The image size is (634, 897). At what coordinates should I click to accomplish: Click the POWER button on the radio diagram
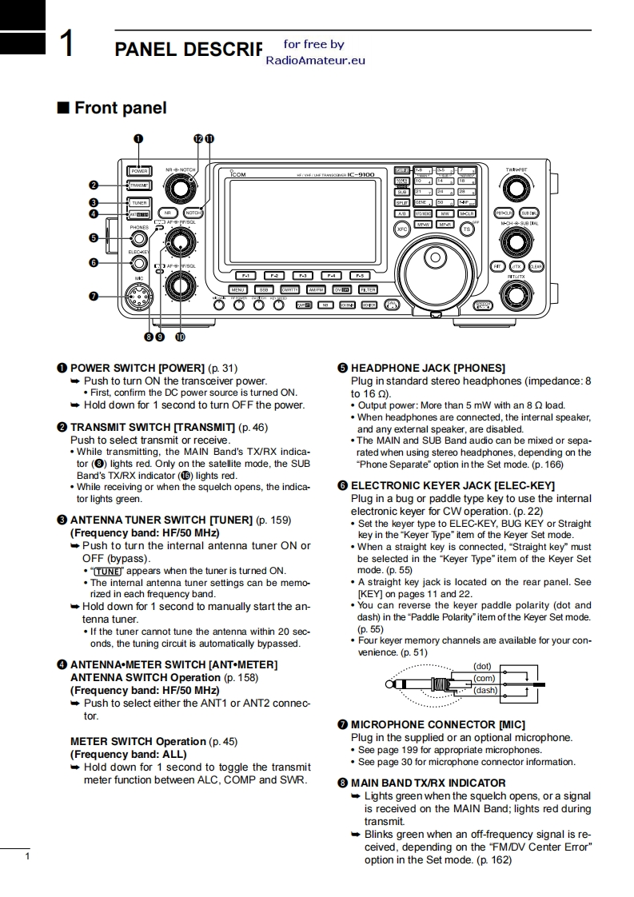[x=138, y=170]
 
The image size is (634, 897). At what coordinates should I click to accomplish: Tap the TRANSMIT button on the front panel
[x=138, y=185]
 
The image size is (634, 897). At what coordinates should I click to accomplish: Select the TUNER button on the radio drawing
[x=139, y=202]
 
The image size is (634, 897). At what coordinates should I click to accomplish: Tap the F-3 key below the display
[x=303, y=275]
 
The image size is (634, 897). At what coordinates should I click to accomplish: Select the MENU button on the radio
[x=238, y=289]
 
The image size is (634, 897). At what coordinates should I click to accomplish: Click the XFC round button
[x=403, y=229]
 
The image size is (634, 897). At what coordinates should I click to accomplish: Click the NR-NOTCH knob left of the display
[x=181, y=189]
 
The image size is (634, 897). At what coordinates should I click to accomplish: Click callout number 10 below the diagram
[x=180, y=337]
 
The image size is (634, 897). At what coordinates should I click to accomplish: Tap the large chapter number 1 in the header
[x=69, y=44]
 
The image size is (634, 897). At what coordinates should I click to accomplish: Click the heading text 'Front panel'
[x=120, y=108]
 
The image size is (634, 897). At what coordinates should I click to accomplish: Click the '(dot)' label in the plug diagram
[x=484, y=666]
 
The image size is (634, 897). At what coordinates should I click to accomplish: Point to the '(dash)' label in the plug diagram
[x=485, y=690]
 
